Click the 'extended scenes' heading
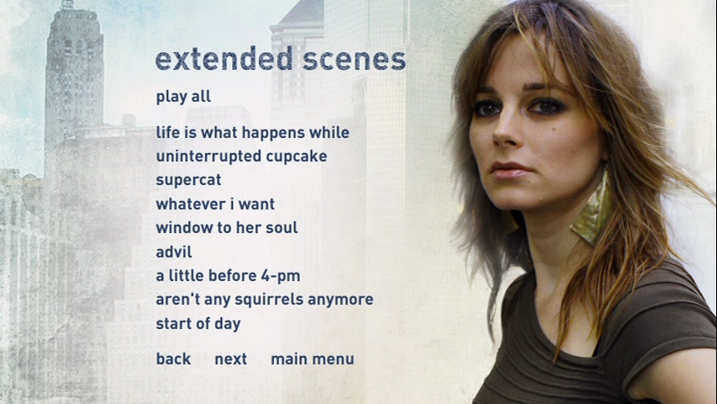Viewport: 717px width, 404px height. tap(281, 60)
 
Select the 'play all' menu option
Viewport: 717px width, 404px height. tap(183, 97)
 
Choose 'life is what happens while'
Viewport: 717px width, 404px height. tap(252, 133)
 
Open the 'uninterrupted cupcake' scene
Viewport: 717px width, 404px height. tap(241, 157)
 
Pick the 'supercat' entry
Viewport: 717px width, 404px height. tap(188, 180)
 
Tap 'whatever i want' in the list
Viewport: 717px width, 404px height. tap(215, 204)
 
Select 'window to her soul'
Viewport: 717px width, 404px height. tap(227, 227)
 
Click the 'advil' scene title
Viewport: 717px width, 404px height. tap(174, 252)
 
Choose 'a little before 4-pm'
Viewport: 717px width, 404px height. tap(228, 275)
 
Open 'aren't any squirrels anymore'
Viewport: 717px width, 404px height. tap(265, 300)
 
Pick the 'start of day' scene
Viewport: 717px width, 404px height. tap(198, 324)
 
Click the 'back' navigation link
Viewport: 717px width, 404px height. tap(173, 359)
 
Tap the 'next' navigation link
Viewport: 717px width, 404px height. tap(231, 359)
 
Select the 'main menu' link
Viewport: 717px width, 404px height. tap(313, 359)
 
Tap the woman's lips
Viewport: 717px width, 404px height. tap(510, 170)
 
